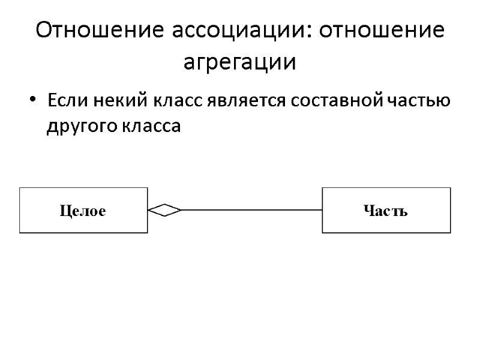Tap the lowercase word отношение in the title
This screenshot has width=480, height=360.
[x=382, y=31]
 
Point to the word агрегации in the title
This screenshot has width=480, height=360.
[x=239, y=62]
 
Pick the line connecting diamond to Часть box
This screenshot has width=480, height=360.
[x=252, y=210]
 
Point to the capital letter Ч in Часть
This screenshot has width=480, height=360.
[x=368, y=211]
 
